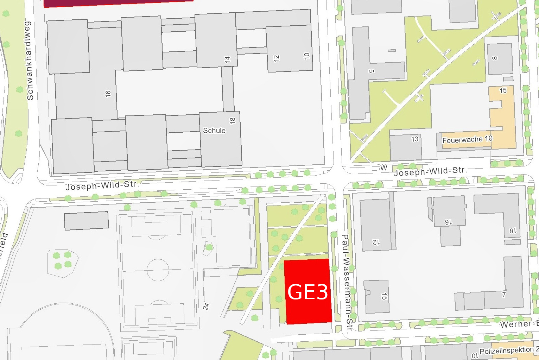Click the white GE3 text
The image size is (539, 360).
pyautogui.click(x=308, y=292)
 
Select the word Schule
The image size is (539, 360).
pyautogui.click(x=214, y=131)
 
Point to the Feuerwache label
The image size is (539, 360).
pyautogui.click(x=463, y=140)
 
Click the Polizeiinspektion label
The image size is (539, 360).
pyautogui.click(x=506, y=350)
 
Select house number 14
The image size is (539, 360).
pyautogui.click(x=228, y=59)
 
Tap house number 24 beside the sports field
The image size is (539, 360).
pyautogui.click(x=206, y=306)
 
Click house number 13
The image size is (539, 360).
pyautogui.click(x=415, y=139)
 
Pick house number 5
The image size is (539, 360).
pyautogui.click(x=371, y=71)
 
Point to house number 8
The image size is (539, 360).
pyautogui.click(x=495, y=58)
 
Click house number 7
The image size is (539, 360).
pyautogui.click(x=504, y=295)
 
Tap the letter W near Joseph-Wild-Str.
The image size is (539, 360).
pyautogui.click(x=384, y=168)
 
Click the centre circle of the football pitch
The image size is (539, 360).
pyautogui.click(x=158, y=270)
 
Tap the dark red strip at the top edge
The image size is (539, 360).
pyautogui.click(x=118, y=3)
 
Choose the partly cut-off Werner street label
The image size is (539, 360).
pyautogui.click(x=519, y=324)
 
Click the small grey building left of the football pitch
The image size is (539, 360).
pyautogui.click(x=86, y=221)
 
